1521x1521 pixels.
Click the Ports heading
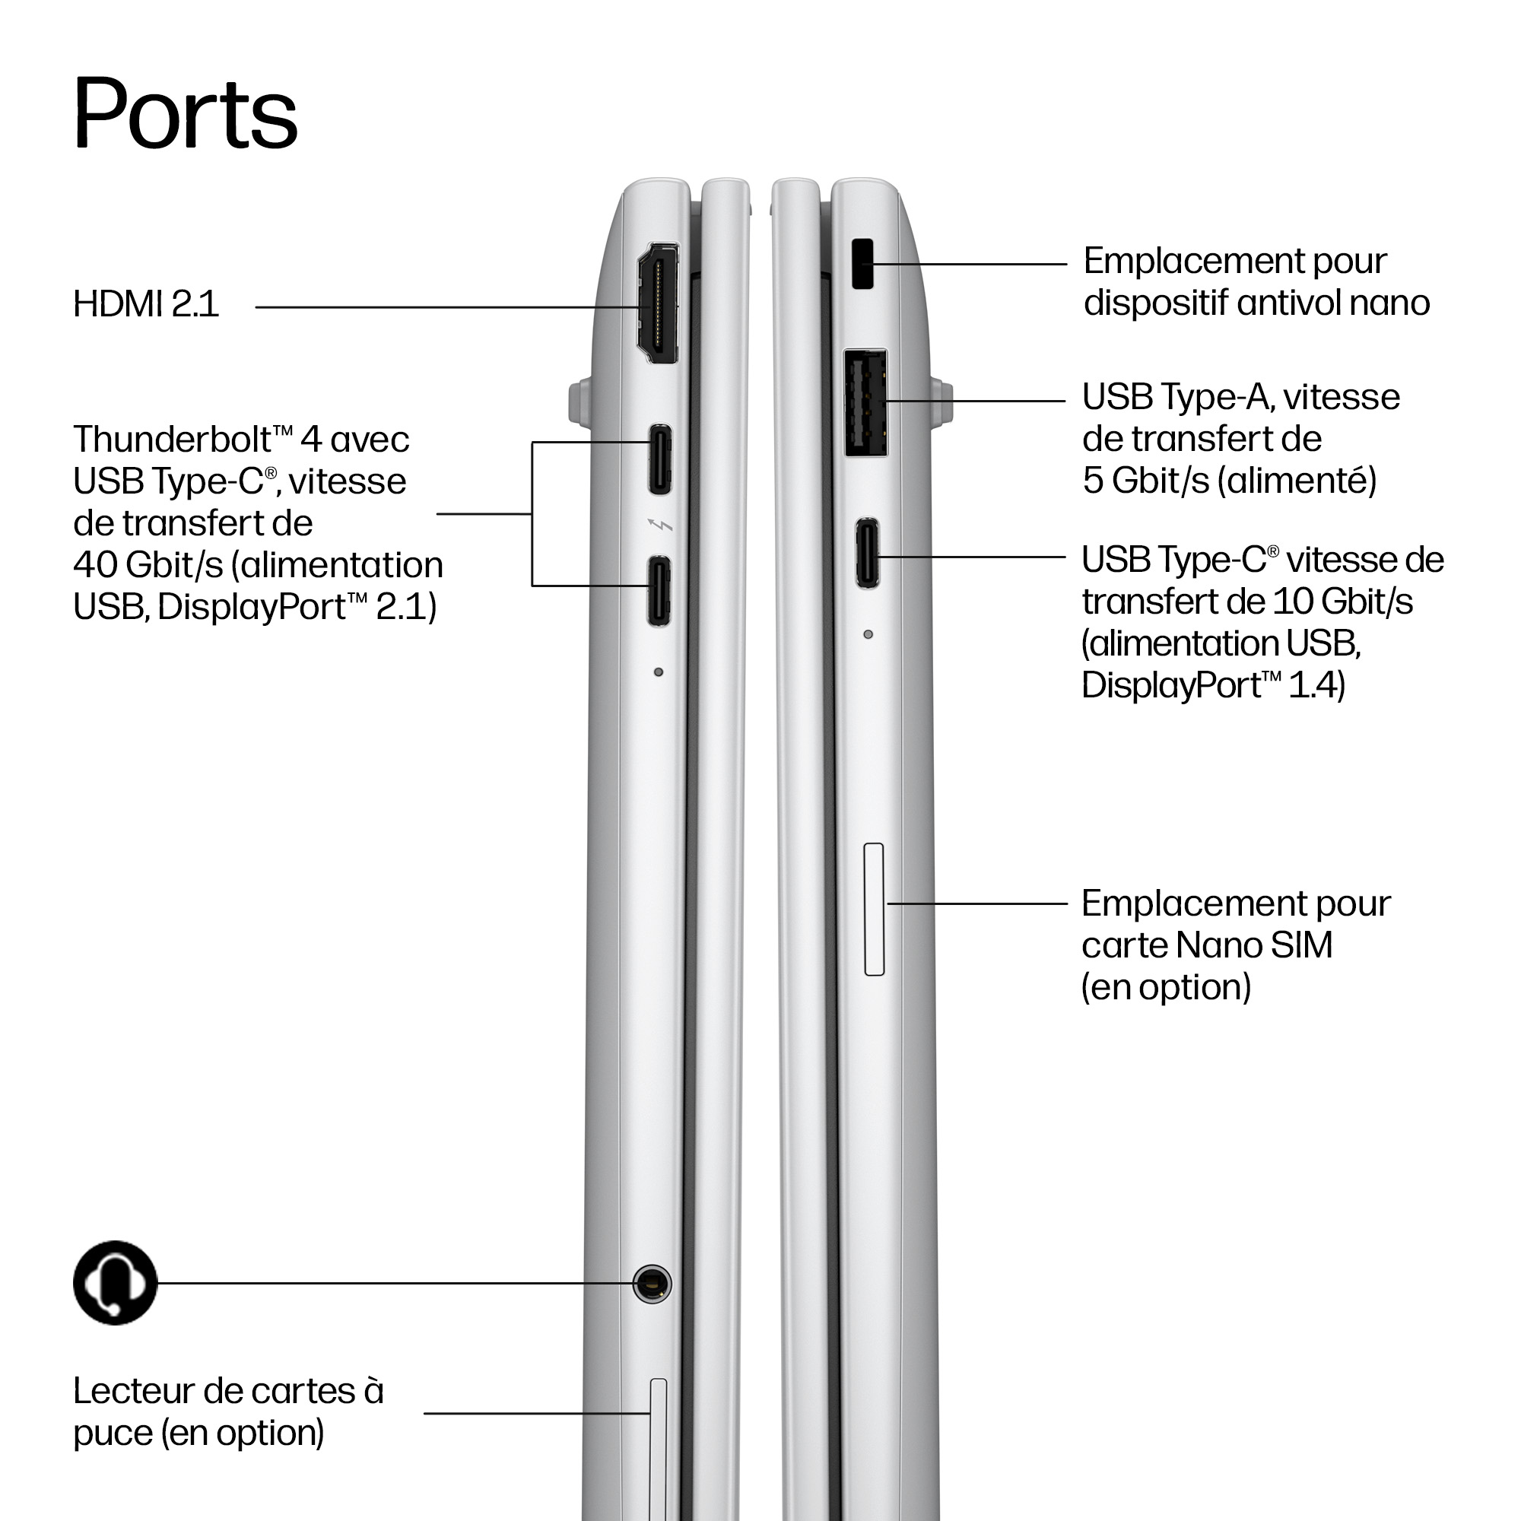(185, 113)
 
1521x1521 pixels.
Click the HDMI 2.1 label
(146, 304)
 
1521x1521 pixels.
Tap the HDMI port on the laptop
(658, 303)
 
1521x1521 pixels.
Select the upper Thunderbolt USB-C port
(659, 460)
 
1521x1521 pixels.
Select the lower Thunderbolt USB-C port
(659, 591)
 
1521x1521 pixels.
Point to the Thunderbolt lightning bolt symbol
(659, 524)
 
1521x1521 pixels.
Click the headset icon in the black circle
(115, 1282)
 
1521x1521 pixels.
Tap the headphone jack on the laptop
(652, 1283)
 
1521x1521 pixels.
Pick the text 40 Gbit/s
(148, 564)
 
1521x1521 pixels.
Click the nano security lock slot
(863, 264)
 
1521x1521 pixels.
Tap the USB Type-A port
(866, 402)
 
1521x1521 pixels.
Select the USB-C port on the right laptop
(868, 553)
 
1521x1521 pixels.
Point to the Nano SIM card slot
(874, 910)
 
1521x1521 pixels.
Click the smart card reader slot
(658, 1449)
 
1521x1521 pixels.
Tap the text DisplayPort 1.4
(1213, 685)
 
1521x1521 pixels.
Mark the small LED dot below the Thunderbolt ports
(659, 672)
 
